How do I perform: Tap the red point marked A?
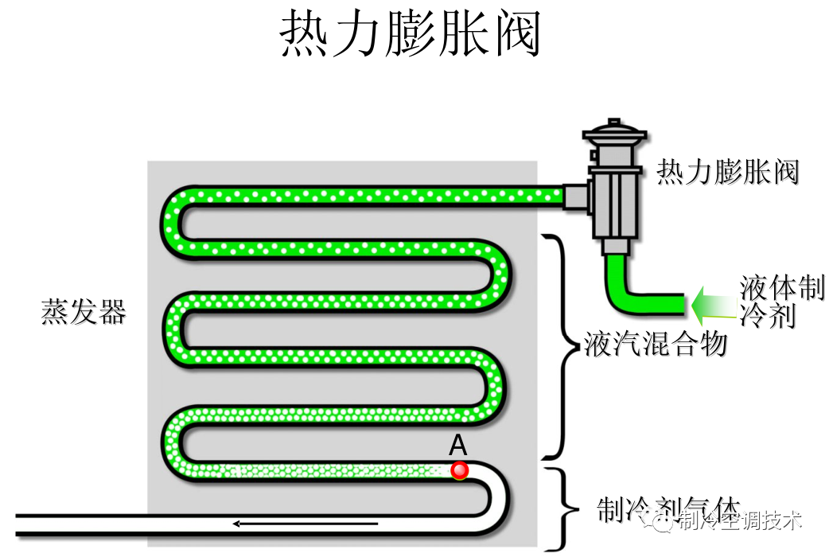click(459, 470)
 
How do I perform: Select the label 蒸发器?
click(84, 312)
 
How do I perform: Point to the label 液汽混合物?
click(656, 344)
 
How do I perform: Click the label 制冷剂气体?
click(668, 508)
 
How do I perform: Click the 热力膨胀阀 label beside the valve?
click(727, 171)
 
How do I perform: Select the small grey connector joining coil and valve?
click(574, 196)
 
